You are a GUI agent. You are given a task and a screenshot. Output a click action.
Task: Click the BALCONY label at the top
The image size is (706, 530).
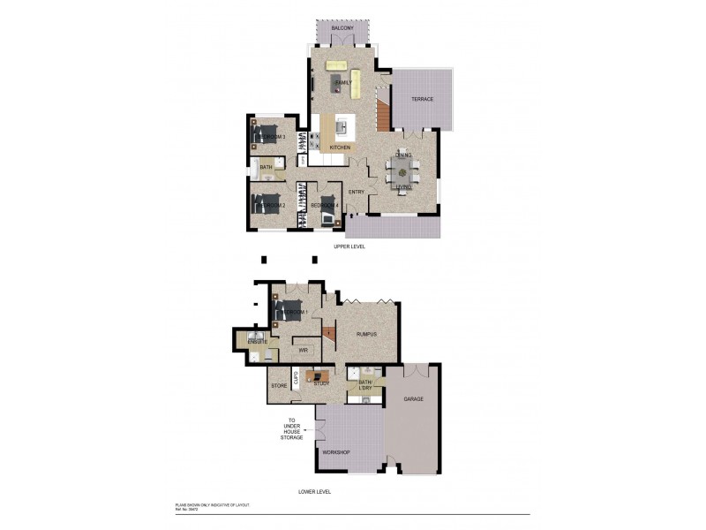point(342,29)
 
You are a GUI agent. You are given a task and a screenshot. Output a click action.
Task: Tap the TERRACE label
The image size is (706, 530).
point(422,99)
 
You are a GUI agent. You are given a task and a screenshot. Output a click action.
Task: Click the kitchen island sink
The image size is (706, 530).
point(342,125)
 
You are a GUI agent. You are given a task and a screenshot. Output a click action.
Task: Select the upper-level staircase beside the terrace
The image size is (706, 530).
point(383,114)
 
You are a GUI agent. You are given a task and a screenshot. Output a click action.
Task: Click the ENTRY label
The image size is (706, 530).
point(357,192)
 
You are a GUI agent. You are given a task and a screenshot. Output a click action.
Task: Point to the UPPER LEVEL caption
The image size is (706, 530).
point(349,246)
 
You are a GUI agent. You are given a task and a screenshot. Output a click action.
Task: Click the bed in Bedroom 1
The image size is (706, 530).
point(289,311)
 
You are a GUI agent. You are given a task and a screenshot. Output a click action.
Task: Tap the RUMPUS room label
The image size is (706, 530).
point(366,335)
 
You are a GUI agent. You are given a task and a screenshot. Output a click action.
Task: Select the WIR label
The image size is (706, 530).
point(302,351)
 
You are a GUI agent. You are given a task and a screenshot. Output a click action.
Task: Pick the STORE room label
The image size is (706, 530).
point(278,386)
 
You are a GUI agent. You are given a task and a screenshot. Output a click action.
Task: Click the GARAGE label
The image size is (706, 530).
point(413,399)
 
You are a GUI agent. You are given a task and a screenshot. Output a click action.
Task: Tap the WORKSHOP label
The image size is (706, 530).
point(335,452)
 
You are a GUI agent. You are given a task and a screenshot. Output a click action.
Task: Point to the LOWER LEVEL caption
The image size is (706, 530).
point(314,490)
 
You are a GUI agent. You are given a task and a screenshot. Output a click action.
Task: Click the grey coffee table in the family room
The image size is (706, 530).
point(338,84)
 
